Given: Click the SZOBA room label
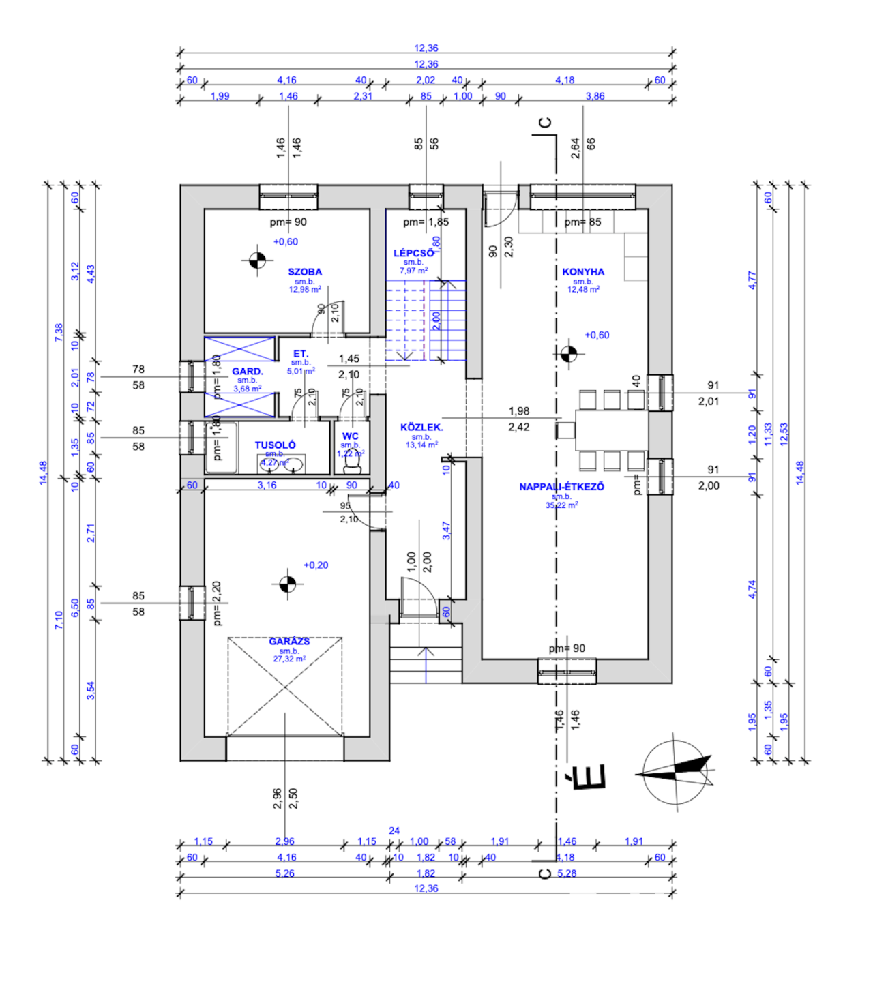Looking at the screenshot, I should (x=305, y=271).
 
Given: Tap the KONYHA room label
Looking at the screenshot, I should (x=583, y=271).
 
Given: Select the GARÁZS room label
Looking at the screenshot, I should (x=289, y=641).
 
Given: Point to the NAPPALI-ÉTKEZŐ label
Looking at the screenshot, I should (x=561, y=487).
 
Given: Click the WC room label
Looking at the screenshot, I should (x=351, y=436).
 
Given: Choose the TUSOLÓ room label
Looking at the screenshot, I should (x=276, y=445).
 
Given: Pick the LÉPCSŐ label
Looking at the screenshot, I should (x=413, y=253).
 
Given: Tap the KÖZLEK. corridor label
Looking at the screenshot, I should (x=421, y=428).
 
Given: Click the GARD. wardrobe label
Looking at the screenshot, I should (x=248, y=372).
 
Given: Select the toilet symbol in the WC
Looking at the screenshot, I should (x=353, y=462).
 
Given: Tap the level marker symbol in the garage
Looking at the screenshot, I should (x=288, y=584).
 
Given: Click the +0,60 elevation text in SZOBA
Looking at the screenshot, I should (x=286, y=241).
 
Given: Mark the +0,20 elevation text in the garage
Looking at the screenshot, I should (x=316, y=565).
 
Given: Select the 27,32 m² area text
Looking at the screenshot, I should (x=289, y=659).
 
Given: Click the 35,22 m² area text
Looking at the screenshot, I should (x=561, y=505).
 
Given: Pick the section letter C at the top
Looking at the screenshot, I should (x=544, y=123).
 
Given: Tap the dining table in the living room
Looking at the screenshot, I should (x=611, y=430).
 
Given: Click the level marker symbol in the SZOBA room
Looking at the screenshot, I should (x=256, y=259).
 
